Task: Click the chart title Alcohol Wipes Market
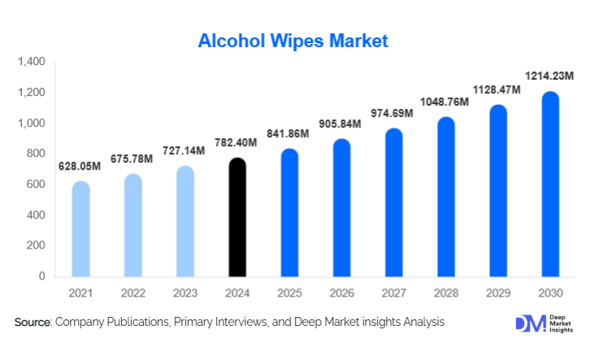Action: (x=294, y=40)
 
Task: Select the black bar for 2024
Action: (x=237, y=218)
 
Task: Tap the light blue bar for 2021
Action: (x=80, y=229)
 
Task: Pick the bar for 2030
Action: (x=550, y=184)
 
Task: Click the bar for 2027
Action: (x=393, y=203)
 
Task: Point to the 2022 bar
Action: (x=132, y=226)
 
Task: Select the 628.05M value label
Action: (x=80, y=167)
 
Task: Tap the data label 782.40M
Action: (x=236, y=143)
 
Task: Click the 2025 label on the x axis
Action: (x=289, y=293)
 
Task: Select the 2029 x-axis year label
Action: (x=498, y=293)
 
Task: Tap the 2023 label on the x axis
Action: (x=185, y=293)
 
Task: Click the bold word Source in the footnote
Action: (x=33, y=323)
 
